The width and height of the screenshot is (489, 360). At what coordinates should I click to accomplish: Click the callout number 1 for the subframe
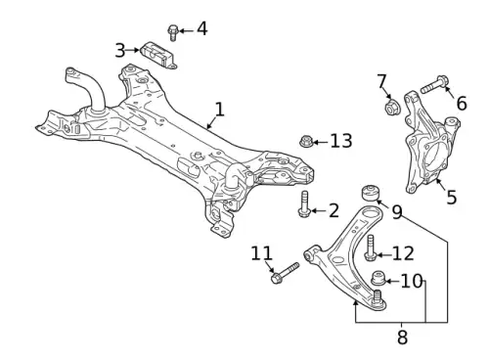220,110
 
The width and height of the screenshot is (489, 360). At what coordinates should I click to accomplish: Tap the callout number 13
341,141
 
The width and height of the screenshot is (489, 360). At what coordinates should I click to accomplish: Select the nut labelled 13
306,142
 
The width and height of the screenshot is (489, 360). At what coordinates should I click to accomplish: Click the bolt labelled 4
172,33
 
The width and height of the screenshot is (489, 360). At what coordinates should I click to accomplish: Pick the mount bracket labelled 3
158,56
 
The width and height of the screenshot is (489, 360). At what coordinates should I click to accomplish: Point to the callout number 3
120,51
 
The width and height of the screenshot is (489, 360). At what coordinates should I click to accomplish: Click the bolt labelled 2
304,203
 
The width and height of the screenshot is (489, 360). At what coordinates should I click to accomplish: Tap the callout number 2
333,210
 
